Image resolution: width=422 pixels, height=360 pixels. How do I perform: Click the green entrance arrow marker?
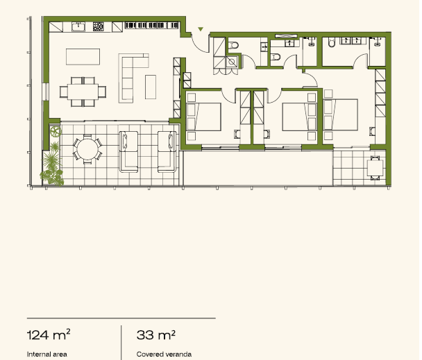coord(201,29)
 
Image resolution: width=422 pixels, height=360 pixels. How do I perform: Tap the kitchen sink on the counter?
coord(78,27)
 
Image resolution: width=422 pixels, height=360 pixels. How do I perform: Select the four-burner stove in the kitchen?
coord(99,26)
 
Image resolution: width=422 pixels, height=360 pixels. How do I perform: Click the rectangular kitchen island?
coord(83,57)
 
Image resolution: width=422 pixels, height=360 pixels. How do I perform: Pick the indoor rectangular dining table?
coord(83,92)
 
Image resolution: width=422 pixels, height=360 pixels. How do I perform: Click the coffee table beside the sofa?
coord(151,87)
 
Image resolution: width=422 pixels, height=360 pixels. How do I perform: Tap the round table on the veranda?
coord(87,149)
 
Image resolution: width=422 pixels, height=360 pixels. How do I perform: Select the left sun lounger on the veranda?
coord(128,152)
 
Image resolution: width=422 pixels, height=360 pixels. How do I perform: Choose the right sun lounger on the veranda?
coord(167,152)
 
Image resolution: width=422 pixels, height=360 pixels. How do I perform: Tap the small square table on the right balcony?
coord(375,168)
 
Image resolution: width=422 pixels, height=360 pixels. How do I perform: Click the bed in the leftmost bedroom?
coord(204,117)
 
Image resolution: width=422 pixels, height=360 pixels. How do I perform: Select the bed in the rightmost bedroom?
coord(341,114)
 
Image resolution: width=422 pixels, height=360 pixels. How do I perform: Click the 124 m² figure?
coord(49,335)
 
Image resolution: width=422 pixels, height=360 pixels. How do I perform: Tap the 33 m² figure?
coord(156,335)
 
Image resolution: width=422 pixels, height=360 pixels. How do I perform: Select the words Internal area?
coord(47,354)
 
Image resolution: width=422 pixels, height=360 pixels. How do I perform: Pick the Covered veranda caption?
coord(164,354)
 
